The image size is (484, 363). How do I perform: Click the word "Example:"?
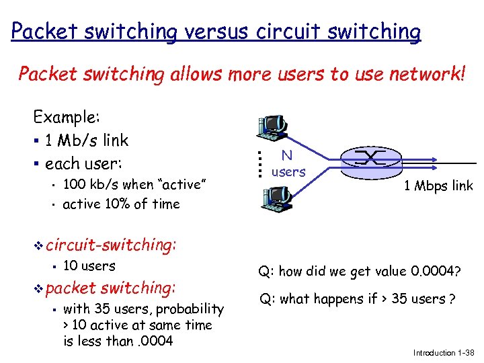click(67, 118)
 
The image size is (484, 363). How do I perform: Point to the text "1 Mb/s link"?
click(86, 140)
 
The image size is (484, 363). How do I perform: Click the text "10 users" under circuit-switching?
click(89, 266)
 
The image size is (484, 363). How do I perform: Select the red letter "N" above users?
click(287, 155)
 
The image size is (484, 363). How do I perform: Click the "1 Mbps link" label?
click(438, 186)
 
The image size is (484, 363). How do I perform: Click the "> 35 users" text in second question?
click(404, 299)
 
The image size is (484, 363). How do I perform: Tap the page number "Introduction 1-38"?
click(444, 353)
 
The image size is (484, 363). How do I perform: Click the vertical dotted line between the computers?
click(259, 162)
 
